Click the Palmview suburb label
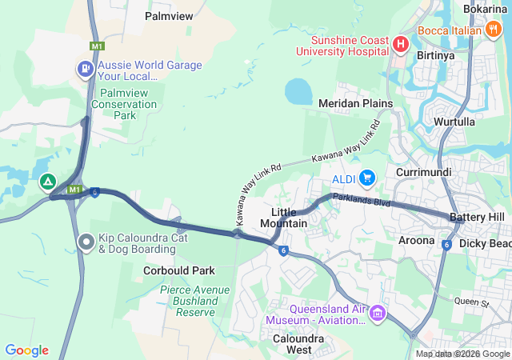[168, 15]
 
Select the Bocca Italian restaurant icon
[493, 30]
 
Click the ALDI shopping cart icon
[367, 177]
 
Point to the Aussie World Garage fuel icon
[84, 69]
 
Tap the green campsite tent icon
[48, 182]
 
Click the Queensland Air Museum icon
[376, 313]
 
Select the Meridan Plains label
[355, 103]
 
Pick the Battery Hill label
[477, 218]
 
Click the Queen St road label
[471, 302]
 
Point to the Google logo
[26, 350]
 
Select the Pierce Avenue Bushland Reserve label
[188, 301]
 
